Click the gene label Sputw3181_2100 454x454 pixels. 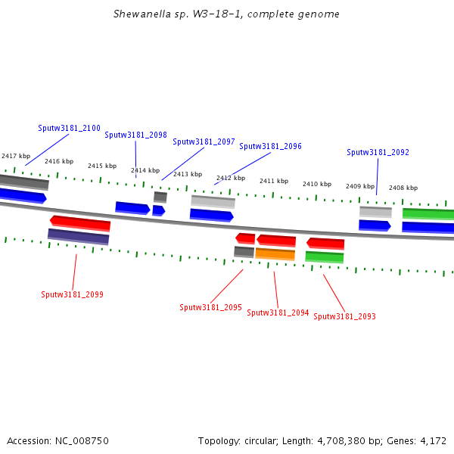pos(69,129)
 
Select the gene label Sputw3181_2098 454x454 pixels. pos(135,135)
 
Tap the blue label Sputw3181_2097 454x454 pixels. pos(204,142)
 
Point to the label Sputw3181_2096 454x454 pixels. pos(270,147)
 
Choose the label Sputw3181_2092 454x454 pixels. pos(378,153)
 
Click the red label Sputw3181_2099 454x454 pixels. pos(72,294)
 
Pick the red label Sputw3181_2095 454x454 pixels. pos(210,308)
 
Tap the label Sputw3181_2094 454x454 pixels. pos(278,313)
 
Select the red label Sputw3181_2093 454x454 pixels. pos(344,317)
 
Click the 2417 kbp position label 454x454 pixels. pos(16,156)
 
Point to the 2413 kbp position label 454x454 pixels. pos(188,175)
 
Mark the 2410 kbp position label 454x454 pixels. pos(317,185)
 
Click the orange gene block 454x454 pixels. pos(275,254)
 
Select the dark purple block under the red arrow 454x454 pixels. pos(78,237)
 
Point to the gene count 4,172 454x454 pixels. pos(433,440)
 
